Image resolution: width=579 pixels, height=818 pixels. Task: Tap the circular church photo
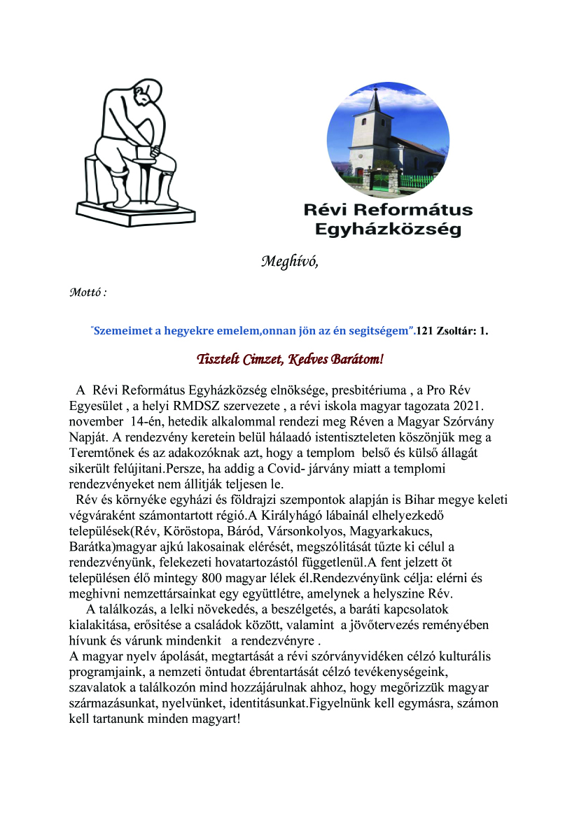(x=388, y=140)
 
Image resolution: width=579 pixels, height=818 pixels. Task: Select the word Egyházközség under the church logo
(x=387, y=229)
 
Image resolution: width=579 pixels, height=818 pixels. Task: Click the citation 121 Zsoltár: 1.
(x=452, y=331)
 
